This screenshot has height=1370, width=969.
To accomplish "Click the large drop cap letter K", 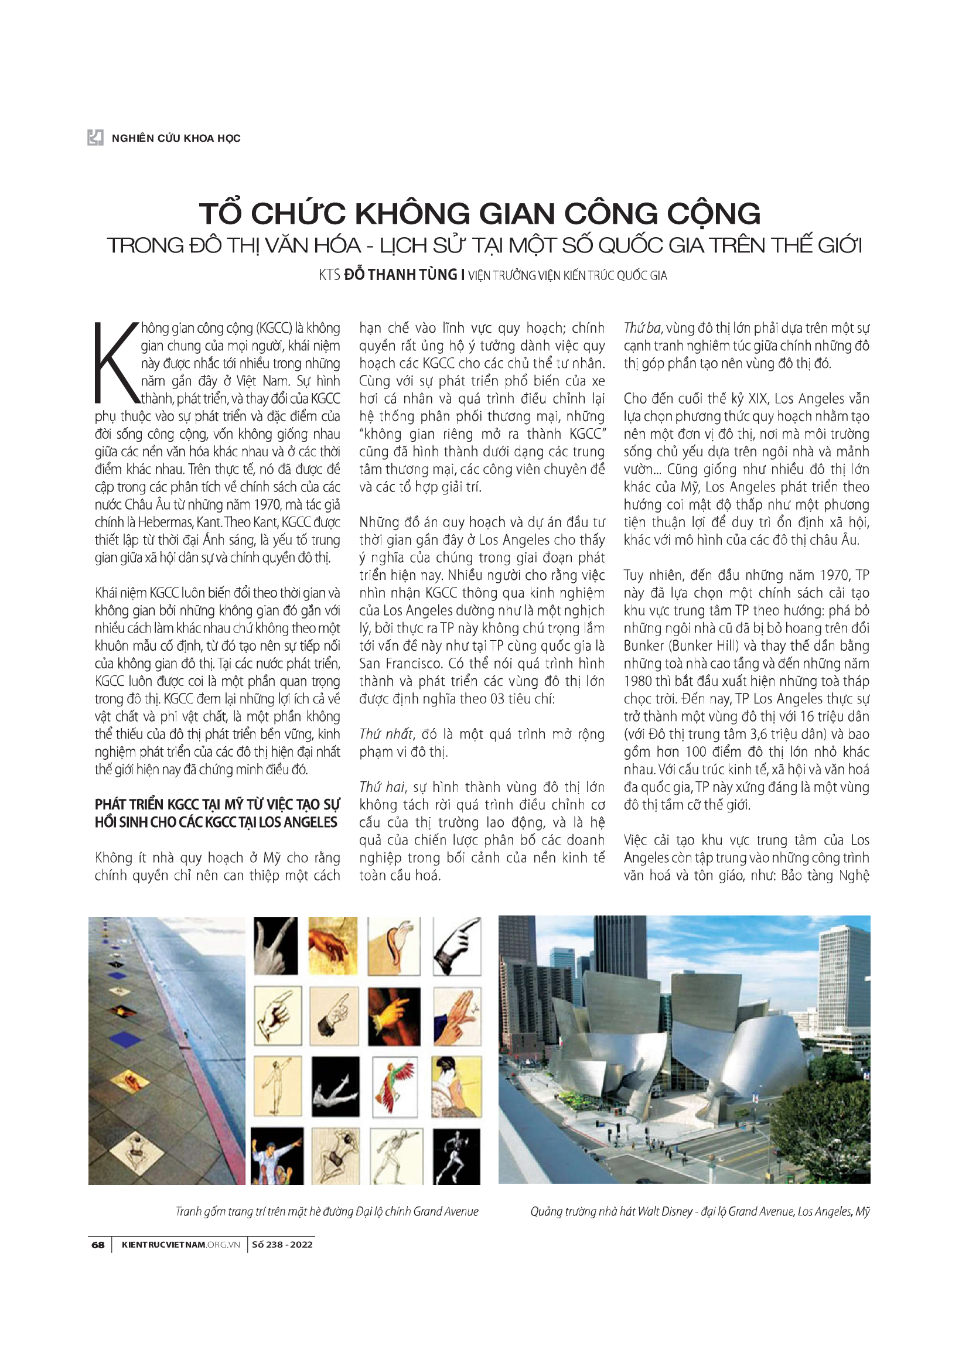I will [x=116, y=363].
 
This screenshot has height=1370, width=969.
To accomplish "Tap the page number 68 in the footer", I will [x=98, y=1244].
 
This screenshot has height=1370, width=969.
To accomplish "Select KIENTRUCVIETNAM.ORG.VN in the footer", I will [x=180, y=1244].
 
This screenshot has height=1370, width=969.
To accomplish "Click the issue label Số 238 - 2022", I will [x=282, y=1244].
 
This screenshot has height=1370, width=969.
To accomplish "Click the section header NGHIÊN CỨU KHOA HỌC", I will [x=176, y=138].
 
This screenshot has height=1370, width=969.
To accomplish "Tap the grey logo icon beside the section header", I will [x=95, y=138].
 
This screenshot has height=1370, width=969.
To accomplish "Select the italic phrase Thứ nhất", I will [x=385, y=734].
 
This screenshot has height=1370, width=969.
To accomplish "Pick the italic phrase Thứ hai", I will [x=382, y=788].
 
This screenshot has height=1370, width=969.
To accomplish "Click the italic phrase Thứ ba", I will [x=642, y=328].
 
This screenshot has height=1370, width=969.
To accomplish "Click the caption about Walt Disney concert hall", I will [x=700, y=1211].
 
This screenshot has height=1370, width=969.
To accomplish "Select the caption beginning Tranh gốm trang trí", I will [x=327, y=1211].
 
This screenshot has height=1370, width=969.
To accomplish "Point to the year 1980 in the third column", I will [x=638, y=681].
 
